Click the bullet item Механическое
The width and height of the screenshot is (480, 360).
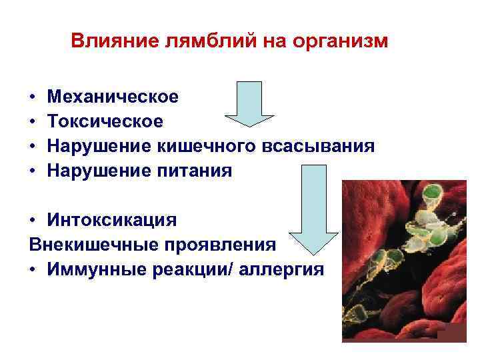pyautogui.click(x=113, y=97)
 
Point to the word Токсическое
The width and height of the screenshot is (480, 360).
pyautogui.click(x=105, y=121)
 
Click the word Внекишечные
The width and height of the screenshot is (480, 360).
pyautogui.click(x=86, y=244)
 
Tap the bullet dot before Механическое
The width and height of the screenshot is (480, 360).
pyautogui.click(x=33, y=98)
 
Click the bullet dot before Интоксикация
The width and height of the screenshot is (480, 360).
pyautogui.click(x=33, y=220)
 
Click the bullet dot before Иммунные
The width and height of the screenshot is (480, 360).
pyautogui.click(x=33, y=269)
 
